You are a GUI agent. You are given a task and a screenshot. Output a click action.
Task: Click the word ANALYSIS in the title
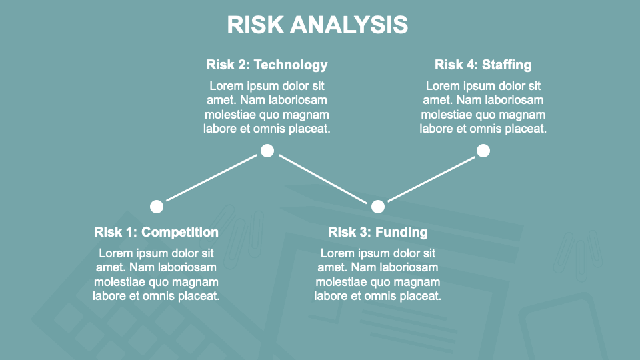pos(349,25)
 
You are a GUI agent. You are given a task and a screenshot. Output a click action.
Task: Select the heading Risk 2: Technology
pos(267,65)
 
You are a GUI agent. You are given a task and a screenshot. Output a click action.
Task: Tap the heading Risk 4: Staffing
pos(483,65)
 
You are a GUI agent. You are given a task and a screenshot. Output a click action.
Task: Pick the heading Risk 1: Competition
pos(156,232)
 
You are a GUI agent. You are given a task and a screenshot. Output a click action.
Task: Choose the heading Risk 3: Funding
pos(377,232)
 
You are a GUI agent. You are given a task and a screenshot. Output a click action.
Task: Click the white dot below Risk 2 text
pos(267,151)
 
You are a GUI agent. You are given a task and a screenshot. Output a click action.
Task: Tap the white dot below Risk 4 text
pos(483,151)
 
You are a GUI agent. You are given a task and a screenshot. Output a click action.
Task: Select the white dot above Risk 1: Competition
pos(157,207)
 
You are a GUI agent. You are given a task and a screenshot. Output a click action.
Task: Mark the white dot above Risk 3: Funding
pos(378,207)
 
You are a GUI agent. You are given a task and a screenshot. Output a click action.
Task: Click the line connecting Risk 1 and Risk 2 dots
pos(212,178)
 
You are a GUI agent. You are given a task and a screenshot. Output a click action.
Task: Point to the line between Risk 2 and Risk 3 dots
pos(323,179)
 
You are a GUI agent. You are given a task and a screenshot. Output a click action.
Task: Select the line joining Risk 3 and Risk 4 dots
pos(431,179)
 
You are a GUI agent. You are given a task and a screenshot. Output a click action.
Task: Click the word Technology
pos(291,65)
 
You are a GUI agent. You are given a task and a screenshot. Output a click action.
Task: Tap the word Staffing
pos(507,65)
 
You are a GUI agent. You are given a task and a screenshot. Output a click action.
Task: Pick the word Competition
pos(180,232)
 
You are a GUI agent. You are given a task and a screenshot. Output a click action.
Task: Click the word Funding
pos(401,232)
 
